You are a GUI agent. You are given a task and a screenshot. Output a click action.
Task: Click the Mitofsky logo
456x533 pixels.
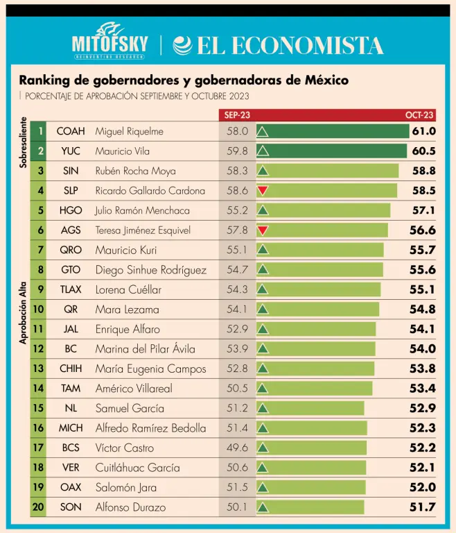pos(109,43)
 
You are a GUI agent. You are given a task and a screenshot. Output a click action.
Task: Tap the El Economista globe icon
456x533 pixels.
pos(183,45)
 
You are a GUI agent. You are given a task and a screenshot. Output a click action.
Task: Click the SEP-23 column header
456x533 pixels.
pos(237,115)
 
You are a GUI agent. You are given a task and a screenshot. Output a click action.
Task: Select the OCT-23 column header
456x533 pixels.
pos(419,115)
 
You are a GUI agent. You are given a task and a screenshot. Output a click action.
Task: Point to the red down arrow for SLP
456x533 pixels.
pos(263,190)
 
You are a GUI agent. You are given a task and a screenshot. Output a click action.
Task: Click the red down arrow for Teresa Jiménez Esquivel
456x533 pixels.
pos(263,230)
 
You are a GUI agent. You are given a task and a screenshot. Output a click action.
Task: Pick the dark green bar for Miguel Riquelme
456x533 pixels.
pos(333,130)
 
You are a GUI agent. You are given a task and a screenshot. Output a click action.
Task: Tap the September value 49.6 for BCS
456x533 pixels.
pos(237,448)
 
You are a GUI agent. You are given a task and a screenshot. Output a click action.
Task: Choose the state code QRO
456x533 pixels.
pos(71,250)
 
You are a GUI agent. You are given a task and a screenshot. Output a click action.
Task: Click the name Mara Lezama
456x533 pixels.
pos(127,309)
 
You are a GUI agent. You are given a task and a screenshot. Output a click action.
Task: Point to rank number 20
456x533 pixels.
pos(39,507)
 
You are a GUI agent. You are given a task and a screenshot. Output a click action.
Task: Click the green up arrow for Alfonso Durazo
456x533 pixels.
pos(263,507)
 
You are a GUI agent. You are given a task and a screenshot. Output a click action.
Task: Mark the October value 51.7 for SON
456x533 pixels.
pos(422,507)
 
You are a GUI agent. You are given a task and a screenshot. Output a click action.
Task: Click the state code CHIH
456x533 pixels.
pos(71,369)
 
